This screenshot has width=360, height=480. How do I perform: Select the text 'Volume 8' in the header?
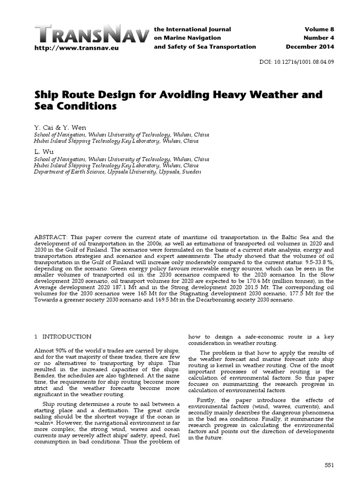coord(318,30)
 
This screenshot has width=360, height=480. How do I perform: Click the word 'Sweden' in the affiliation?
coord(191,172)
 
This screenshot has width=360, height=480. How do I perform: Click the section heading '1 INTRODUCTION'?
coord(63,337)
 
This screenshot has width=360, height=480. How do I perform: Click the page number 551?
coord(329,464)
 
